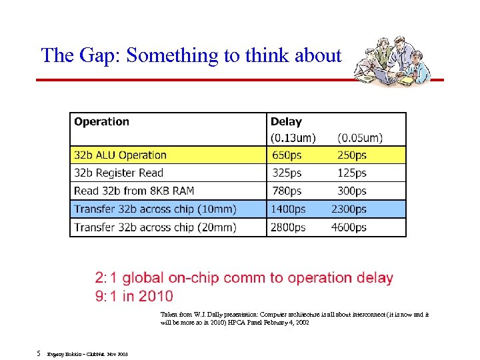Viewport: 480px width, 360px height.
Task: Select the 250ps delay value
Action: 352,155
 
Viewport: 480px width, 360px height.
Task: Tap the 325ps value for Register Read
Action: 287,173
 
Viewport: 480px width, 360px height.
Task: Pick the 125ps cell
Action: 352,173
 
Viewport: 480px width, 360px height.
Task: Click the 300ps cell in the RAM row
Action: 352,191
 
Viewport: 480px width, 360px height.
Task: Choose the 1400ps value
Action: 288,209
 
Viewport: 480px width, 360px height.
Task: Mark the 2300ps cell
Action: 349,209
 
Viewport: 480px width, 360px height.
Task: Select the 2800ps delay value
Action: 288,227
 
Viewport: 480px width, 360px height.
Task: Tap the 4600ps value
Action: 349,227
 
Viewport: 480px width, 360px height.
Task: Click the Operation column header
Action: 101,122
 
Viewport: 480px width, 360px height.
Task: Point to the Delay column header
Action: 286,122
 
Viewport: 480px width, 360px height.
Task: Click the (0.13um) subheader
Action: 293,138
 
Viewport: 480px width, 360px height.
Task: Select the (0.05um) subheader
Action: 360,138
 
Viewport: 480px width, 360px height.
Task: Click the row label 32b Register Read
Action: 119,173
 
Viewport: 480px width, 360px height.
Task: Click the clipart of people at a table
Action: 389,62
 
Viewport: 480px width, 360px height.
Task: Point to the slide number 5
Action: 39,353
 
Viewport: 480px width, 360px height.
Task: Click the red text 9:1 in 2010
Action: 134,296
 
